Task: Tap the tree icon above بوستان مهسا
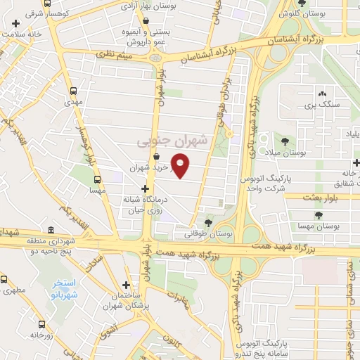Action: (319, 216)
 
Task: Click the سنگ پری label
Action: (322, 105)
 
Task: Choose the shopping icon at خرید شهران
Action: (155, 157)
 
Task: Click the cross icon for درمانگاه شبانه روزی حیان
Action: (146, 188)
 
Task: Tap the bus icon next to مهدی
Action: (73, 91)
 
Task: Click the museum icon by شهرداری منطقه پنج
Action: (51, 230)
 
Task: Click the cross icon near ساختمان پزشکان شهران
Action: (126, 285)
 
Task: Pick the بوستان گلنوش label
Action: (302, 12)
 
